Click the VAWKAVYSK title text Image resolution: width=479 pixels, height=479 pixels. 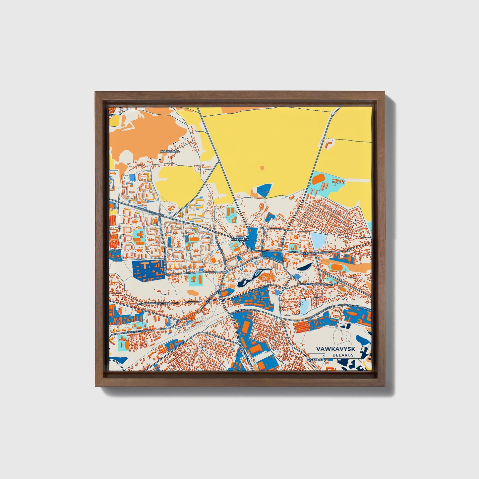[x=335, y=349]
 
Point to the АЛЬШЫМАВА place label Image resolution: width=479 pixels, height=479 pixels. [x=169, y=151]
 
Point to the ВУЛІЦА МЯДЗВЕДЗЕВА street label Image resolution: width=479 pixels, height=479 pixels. [x=156, y=303]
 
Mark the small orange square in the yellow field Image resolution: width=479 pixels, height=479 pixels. [x=263, y=168]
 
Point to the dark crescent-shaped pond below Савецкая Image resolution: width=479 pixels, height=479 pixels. [x=304, y=266]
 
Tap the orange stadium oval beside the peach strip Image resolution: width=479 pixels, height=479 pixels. [x=337, y=267]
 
